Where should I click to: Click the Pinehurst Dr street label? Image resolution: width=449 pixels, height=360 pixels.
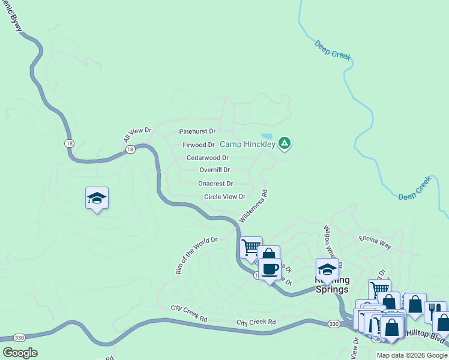[197, 131]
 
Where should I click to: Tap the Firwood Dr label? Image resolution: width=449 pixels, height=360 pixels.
[199, 145]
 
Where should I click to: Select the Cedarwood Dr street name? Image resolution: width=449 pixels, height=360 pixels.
[207, 158]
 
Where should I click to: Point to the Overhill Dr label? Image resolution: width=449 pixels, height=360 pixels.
[214, 170]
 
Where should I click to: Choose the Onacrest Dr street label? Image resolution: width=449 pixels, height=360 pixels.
[215, 184]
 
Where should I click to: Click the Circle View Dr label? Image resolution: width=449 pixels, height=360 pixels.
[225, 197]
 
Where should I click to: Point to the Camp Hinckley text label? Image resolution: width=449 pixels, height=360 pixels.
[247, 144]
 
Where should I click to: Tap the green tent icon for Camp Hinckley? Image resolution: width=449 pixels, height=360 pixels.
[285, 143]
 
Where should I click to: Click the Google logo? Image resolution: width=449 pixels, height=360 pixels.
[20, 353]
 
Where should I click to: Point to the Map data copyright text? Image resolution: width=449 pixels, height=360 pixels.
[411, 355]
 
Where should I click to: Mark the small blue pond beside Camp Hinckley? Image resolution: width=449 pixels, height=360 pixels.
[267, 136]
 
